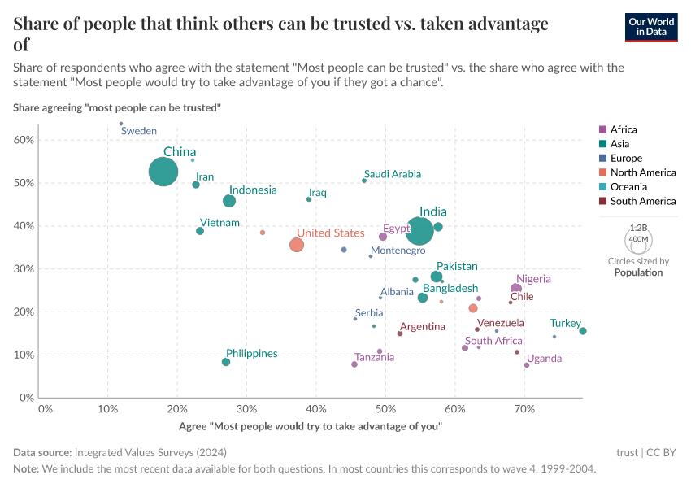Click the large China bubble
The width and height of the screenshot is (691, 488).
click(163, 172)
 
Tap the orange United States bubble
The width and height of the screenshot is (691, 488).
click(297, 245)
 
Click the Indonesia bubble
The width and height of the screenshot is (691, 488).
click(229, 201)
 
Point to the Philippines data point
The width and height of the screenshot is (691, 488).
click(226, 362)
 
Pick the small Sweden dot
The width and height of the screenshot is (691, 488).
click(121, 124)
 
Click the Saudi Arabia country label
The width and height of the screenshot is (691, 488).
click(393, 174)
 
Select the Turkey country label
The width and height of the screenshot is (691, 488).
click(565, 324)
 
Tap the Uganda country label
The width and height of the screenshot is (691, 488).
click(544, 359)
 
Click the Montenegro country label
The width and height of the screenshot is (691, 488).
click(398, 251)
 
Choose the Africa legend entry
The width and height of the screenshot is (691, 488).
click(624, 129)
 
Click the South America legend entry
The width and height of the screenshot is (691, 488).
click(642, 201)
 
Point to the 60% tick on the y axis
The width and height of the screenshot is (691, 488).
click(24, 140)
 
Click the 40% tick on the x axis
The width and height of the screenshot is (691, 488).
click(316, 409)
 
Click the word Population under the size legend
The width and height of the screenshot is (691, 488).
click(638, 272)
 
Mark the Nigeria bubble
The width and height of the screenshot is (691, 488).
click(516, 290)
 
